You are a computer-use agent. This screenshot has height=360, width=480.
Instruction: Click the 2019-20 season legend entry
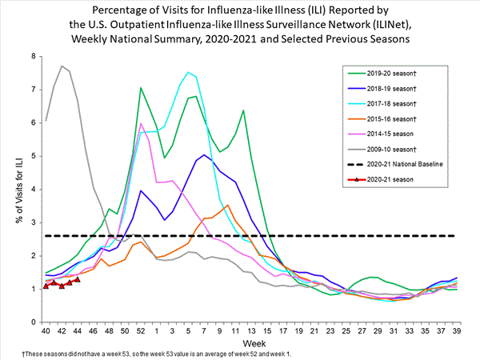399,70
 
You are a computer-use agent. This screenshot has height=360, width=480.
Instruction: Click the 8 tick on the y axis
33,56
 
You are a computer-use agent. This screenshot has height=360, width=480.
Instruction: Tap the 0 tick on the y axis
33,322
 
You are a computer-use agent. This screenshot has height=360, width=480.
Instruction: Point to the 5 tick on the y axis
33,156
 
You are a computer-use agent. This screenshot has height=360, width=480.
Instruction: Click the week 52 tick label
141,330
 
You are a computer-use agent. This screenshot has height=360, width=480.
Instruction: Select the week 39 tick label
457,330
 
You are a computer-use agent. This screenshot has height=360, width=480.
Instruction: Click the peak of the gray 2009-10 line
62,66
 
